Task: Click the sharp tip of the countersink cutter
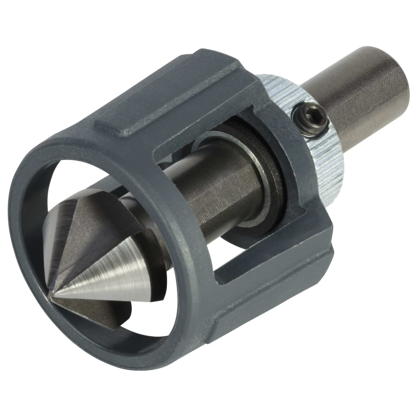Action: point(52,297)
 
